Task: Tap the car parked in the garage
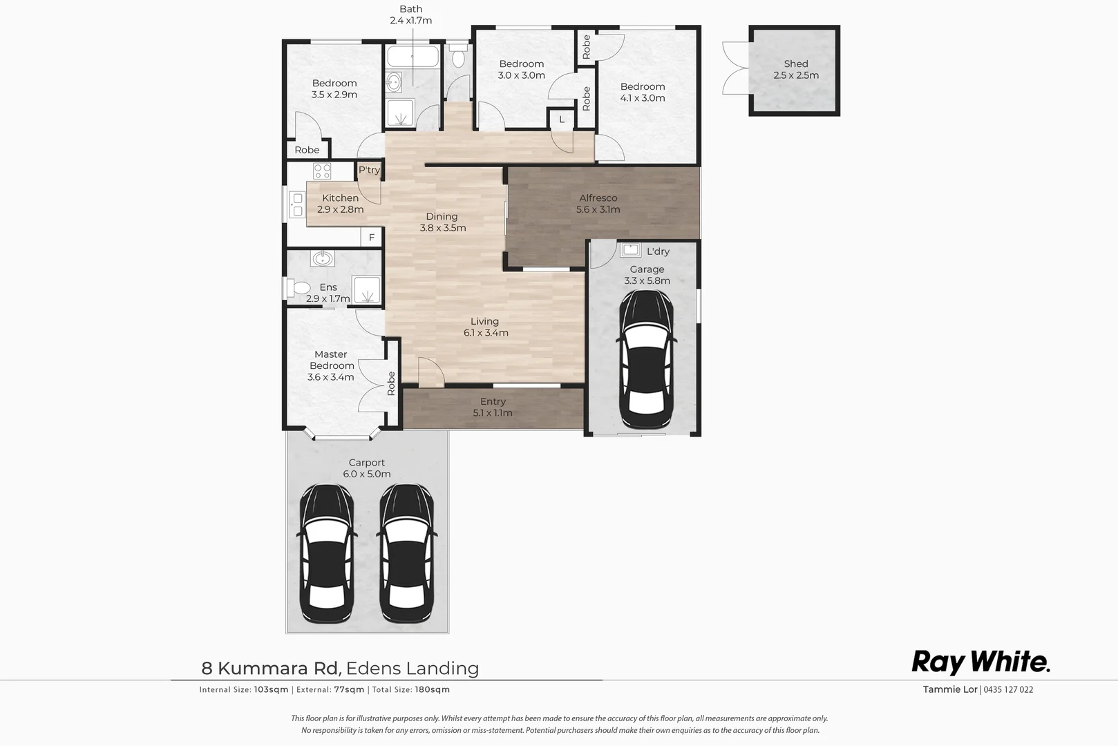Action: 647,359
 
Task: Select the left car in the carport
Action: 327,553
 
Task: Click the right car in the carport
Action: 407,553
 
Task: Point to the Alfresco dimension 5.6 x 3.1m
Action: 598,209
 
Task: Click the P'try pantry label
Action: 369,170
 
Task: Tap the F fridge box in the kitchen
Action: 372,238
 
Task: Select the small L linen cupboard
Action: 562,119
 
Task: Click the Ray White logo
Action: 980,662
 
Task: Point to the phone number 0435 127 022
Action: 1008,689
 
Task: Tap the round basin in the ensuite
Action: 321,259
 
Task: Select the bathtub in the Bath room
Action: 413,57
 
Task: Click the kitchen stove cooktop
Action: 322,171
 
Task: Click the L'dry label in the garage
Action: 658,251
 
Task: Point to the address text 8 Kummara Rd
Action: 270,668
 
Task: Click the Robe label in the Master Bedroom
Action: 391,383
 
